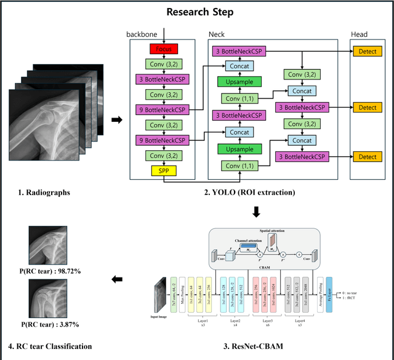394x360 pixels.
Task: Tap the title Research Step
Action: pos(197,12)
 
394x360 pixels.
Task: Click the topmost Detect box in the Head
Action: pos(368,54)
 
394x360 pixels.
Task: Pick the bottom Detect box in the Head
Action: pos(368,157)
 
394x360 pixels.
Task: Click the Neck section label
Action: pos(218,34)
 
